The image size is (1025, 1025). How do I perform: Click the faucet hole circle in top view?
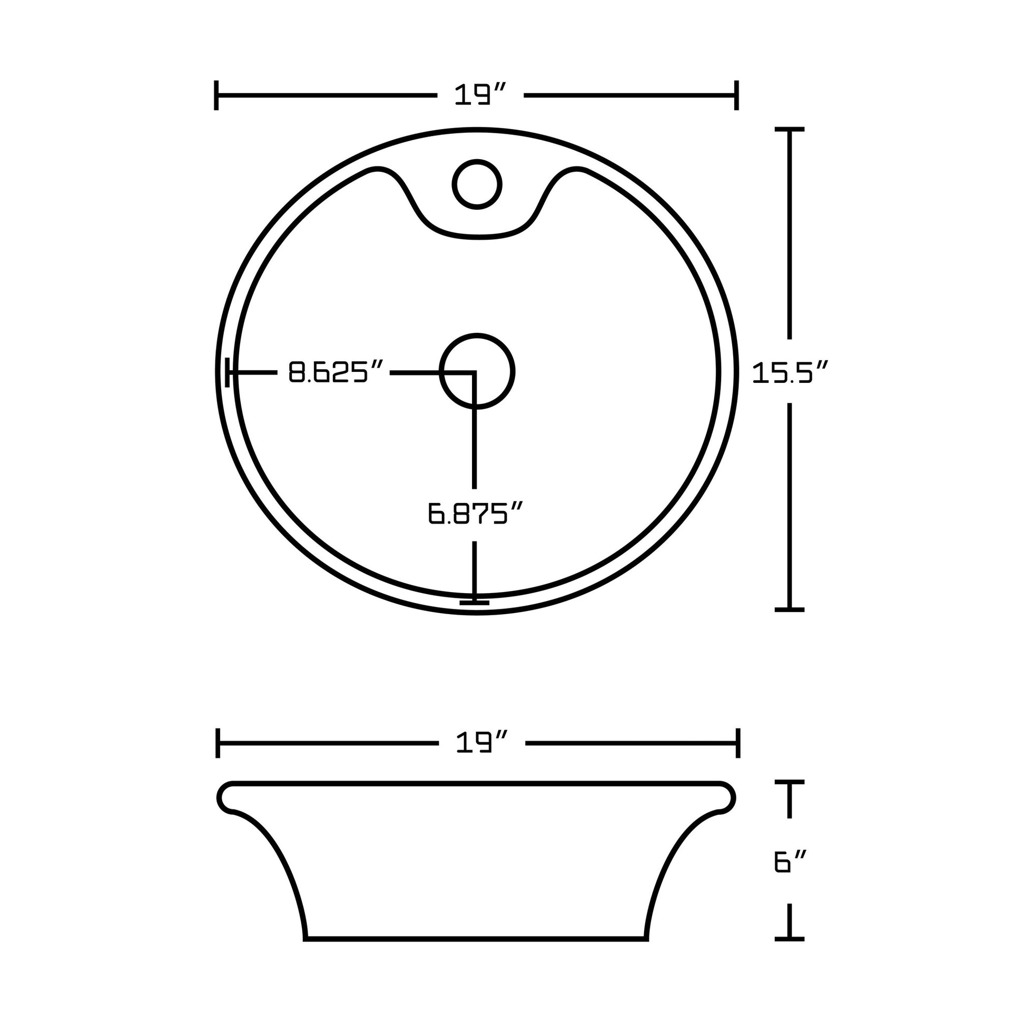pyautogui.click(x=477, y=184)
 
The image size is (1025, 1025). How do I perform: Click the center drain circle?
pyautogui.click(x=477, y=371)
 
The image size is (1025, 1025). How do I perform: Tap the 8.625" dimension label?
pyautogui.click(x=336, y=372)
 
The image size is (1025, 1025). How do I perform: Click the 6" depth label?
pyautogui.click(x=790, y=862)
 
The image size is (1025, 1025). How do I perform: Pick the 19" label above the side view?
pyautogui.click(x=482, y=743)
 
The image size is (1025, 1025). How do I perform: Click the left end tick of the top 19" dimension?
pyautogui.click(x=216, y=95)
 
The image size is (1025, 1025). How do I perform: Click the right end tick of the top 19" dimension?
pyautogui.click(x=736, y=95)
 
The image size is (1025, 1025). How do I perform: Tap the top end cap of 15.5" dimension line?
pyautogui.click(x=790, y=130)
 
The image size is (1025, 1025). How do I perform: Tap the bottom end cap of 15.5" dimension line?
pyautogui.click(x=790, y=609)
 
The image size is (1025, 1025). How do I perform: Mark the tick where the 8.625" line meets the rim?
pyautogui.click(x=228, y=372)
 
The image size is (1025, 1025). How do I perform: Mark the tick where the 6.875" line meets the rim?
pyautogui.click(x=475, y=602)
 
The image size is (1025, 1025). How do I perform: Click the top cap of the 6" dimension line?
pyautogui.click(x=790, y=782)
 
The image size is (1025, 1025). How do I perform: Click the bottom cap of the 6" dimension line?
pyautogui.click(x=790, y=939)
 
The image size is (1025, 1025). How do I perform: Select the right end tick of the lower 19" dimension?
pyautogui.click(x=738, y=743)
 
